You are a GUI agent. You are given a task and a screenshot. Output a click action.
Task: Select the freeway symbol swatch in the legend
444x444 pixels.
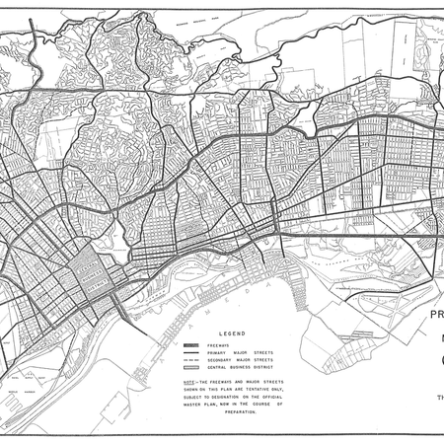(192, 344)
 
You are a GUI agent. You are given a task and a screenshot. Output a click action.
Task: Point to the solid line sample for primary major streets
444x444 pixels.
(192, 352)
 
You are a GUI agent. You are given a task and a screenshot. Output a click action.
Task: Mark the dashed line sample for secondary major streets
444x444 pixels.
(192, 360)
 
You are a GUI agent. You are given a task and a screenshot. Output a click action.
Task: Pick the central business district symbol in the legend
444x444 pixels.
(192, 368)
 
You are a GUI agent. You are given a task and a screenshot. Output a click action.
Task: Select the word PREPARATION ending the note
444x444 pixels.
(237, 411)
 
